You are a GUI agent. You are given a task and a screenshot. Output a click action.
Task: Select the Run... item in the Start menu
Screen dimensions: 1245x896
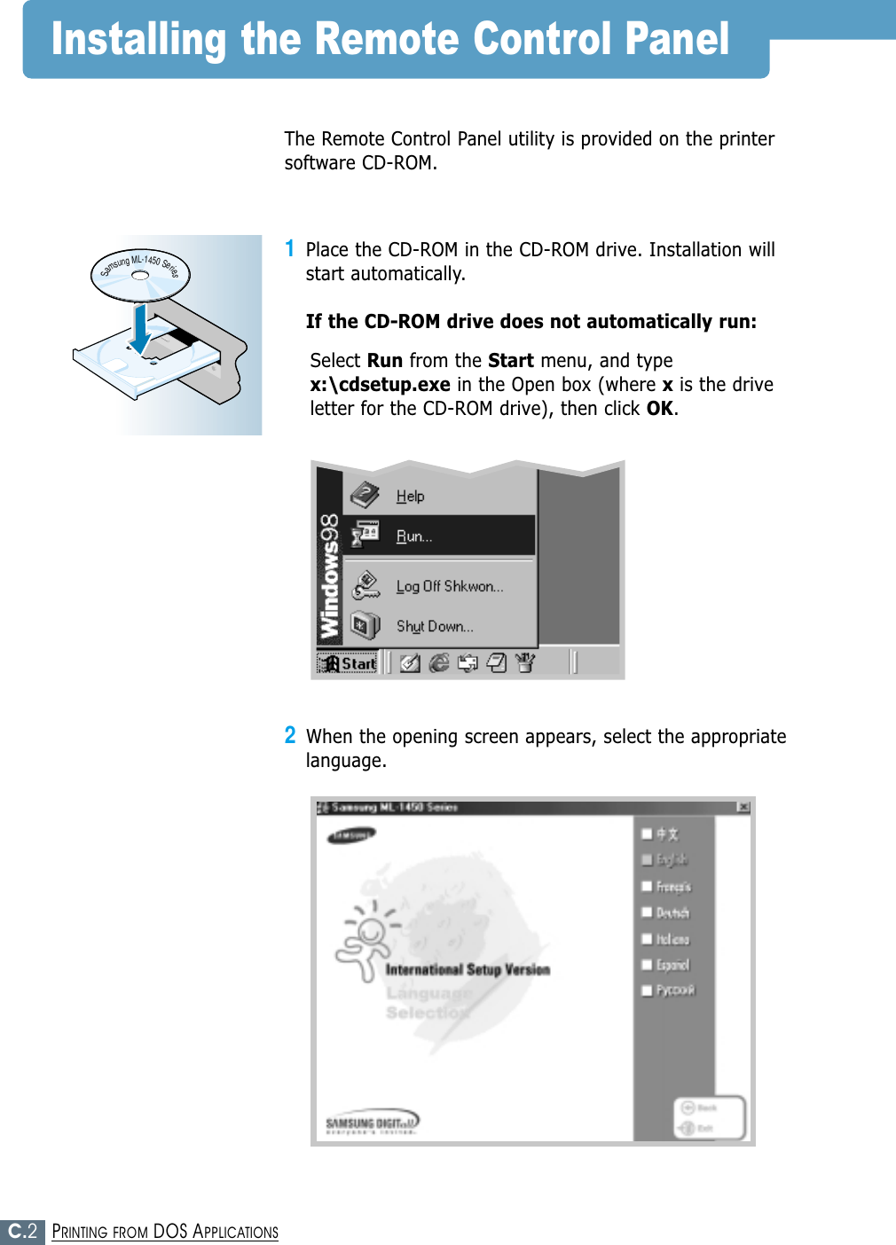click(x=414, y=536)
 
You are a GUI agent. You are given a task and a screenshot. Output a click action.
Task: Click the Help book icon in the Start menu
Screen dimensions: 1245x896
click(x=365, y=495)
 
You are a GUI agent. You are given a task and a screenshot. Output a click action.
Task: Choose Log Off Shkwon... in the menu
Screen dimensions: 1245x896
click(x=449, y=586)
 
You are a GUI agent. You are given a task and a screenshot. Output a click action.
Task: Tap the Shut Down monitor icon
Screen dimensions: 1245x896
click(x=365, y=626)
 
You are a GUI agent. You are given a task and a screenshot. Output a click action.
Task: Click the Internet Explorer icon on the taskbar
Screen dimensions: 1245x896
click(x=439, y=663)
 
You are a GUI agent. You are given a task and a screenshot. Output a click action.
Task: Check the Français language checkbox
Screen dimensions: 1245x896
click(x=648, y=886)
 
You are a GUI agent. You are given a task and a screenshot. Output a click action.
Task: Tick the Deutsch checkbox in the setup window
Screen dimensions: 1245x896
click(x=648, y=912)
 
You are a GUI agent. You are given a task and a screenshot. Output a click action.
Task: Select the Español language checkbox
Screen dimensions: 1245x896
click(x=648, y=965)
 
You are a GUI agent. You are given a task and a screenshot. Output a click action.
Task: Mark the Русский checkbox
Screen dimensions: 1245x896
click(x=648, y=991)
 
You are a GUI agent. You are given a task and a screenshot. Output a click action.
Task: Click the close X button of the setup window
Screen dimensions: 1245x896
click(x=743, y=807)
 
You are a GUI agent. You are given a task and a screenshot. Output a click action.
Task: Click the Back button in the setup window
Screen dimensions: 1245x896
click(x=698, y=1108)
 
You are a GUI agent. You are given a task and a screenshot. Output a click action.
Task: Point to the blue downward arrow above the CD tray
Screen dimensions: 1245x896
click(x=141, y=328)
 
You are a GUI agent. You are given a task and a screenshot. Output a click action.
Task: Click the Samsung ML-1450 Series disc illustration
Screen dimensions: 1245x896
click(x=140, y=274)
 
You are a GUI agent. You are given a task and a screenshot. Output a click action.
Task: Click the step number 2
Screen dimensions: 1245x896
click(x=290, y=735)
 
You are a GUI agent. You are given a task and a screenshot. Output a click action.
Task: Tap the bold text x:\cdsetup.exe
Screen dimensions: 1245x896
click(x=380, y=385)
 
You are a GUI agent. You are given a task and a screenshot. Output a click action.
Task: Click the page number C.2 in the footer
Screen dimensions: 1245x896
click(x=22, y=1232)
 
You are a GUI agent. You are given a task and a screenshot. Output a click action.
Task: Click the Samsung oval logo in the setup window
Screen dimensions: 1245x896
click(x=352, y=835)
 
